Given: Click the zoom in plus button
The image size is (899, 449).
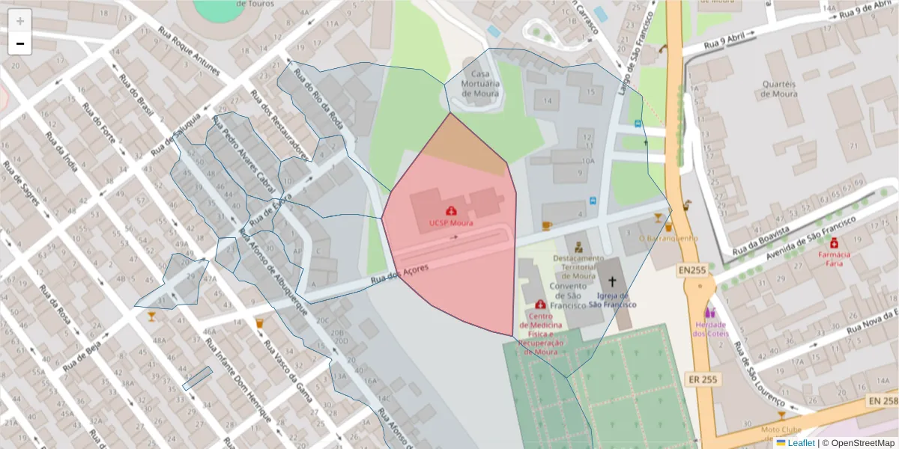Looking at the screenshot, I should (x=20, y=21).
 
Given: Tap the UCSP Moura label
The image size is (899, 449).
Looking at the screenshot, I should (x=450, y=223).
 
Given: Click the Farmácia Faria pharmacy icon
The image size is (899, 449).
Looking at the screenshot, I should (x=834, y=243).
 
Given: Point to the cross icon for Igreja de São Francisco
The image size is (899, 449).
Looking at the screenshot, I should (x=612, y=281).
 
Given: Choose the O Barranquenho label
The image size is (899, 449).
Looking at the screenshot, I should (x=668, y=238).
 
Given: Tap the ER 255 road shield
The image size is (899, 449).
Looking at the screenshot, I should (x=702, y=380).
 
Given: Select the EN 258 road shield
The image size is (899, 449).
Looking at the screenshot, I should (x=883, y=401).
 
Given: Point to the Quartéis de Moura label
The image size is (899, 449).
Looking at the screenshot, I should (x=778, y=89).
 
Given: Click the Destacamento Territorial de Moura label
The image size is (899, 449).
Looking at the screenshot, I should (x=578, y=266).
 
